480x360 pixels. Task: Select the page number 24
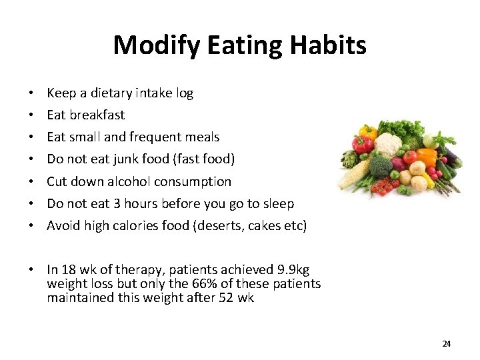(x=446, y=343)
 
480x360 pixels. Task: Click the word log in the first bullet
(x=185, y=93)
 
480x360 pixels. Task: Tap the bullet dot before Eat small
(x=31, y=137)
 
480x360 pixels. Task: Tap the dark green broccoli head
(x=381, y=167)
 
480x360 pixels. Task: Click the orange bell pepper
(x=426, y=159)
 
